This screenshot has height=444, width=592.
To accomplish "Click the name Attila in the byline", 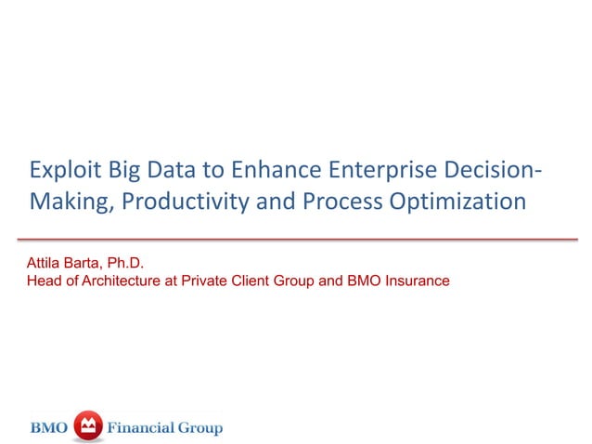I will coord(45,263).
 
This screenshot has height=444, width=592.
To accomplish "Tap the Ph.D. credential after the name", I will coord(128,263).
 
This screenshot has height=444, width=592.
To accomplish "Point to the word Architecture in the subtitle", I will coord(118,280).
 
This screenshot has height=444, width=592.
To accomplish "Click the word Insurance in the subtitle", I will coord(418,280).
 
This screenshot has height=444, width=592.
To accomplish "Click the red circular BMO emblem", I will coord(87,426).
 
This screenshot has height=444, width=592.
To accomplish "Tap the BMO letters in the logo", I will coord(51,427).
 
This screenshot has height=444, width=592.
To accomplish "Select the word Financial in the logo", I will coord(141,427).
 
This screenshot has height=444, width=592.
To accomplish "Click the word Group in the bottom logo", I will coord(201,427).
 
